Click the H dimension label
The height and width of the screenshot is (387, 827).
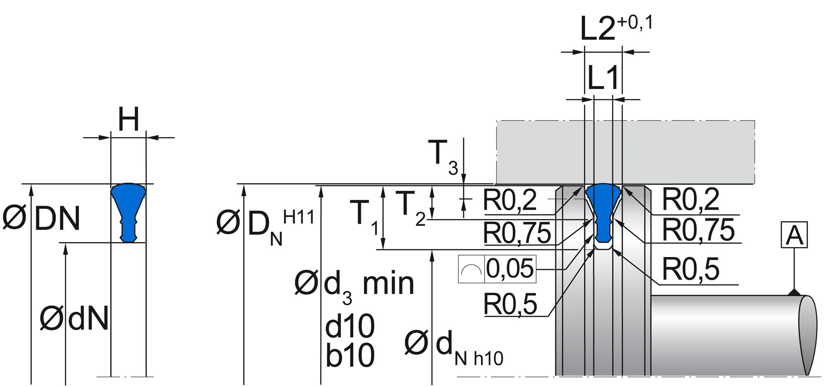[129, 120]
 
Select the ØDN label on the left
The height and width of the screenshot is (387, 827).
[42, 218]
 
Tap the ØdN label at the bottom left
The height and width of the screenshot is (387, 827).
[74, 318]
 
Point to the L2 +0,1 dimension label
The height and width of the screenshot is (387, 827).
[616, 28]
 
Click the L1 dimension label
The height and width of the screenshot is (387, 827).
[603, 77]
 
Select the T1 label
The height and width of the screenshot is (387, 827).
[364, 216]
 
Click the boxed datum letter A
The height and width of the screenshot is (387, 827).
[794, 235]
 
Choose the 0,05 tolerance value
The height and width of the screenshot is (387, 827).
[510, 269]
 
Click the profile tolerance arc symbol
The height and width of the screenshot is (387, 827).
[471, 269]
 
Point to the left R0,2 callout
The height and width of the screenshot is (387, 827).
[510, 200]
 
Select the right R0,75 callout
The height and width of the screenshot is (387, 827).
[698, 230]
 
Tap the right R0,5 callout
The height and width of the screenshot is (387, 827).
[691, 269]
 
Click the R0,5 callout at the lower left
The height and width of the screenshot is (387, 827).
[510, 304]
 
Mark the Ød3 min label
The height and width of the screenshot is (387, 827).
[354, 285]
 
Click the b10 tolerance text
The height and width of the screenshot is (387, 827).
[350, 356]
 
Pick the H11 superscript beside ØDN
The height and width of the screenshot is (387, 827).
[299, 217]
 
